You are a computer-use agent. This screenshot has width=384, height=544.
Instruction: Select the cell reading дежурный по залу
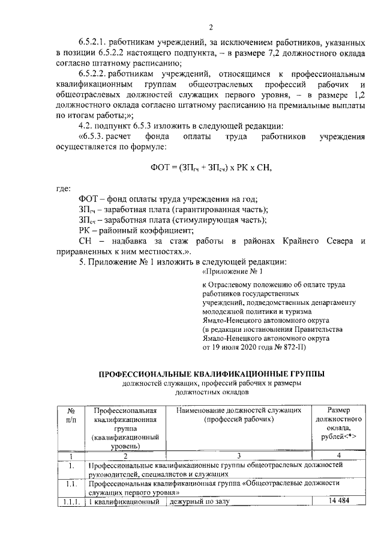(200, 501)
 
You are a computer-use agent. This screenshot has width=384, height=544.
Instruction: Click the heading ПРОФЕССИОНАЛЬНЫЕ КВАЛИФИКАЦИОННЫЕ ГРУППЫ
(212, 373)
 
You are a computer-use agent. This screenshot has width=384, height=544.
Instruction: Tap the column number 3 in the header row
(239, 455)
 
